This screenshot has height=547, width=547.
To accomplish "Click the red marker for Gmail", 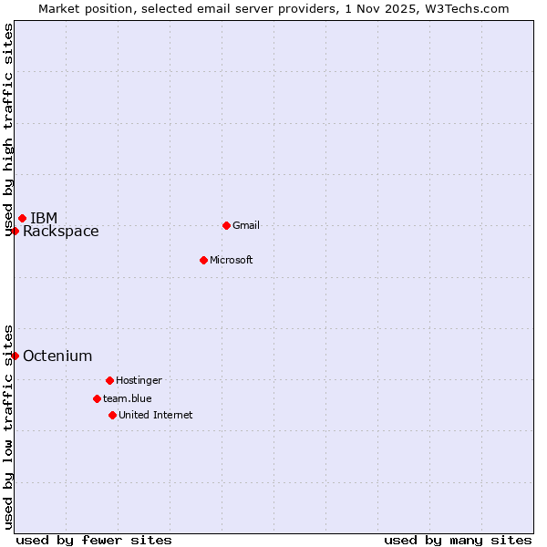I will click(226, 225).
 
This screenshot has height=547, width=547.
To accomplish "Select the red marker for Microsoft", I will click(203, 260).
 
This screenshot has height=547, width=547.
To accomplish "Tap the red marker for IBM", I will click(22, 218).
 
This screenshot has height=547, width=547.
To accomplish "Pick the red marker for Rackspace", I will click(15, 231).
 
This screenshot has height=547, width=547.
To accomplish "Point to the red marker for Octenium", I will click(15, 356).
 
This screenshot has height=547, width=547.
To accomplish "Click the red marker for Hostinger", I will click(109, 380).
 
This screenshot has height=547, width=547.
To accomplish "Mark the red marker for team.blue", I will click(97, 398).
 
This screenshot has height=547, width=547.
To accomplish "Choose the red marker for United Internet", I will click(112, 415).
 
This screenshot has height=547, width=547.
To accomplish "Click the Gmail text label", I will click(246, 225).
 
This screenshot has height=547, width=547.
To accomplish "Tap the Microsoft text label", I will click(232, 260).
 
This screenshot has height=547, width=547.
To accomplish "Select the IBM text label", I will click(44, 218).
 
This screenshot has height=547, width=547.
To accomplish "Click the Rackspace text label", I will click(61, 232).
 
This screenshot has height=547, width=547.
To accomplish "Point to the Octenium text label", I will click(57, 356).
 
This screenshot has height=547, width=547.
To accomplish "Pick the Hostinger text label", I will click(139, 380).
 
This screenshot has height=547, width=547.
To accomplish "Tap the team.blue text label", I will click(128, 398).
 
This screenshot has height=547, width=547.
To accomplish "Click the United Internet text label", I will click(156, 415).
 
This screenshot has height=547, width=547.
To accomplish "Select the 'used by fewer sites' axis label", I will click(94, 540).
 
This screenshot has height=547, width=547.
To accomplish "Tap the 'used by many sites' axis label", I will click(458, 540).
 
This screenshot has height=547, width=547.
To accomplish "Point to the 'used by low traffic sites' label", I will click(8, 427).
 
